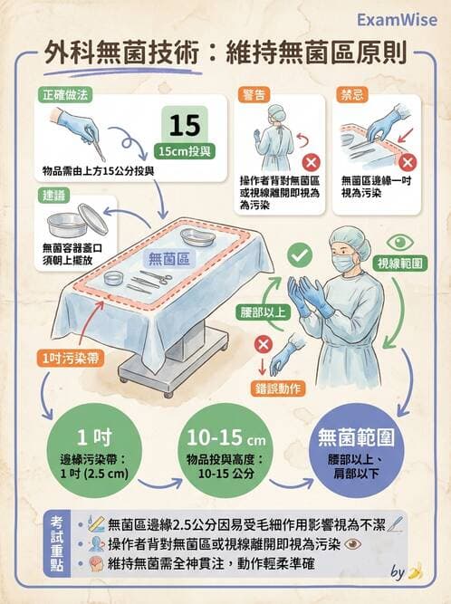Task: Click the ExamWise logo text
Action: pyautogui.click(x=396, y=19)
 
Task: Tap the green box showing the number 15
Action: pyautogui.click(x=186, y=123)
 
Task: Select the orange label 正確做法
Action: pyautogui.click(x=66, y=94)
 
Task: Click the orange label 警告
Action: pyautogui.click(x=253, y=94)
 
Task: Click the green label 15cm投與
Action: pyautogui.click(x=186, y=150)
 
